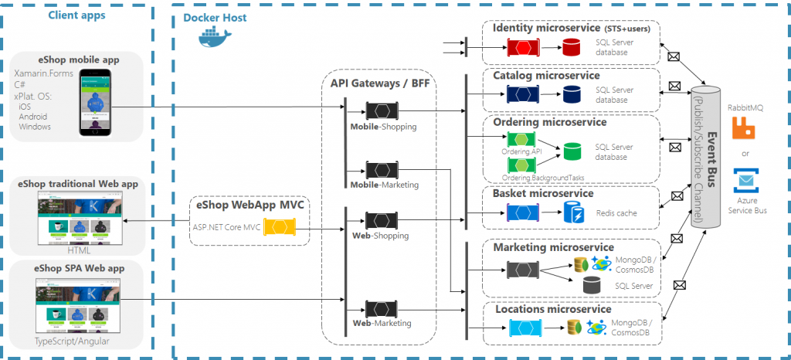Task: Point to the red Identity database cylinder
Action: tap(571, 49)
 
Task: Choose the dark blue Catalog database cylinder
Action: tap(572, 94)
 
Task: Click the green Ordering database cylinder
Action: tap(573, 151)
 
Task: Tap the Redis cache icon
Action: tap(573, 212)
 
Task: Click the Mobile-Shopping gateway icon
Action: tap(382, 109)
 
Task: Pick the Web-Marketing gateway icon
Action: tap(382, 307)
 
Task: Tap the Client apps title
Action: tap(76, 15)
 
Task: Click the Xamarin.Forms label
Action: tap(42, 74)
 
